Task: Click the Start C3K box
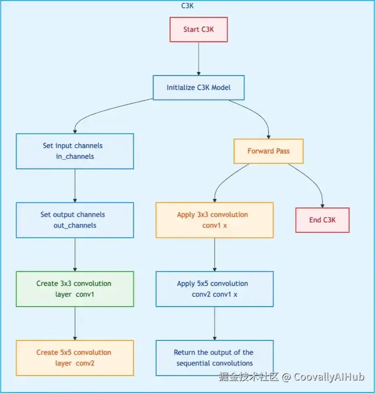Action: click(x=198, y=30)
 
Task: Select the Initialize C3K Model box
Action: click(x=198, y=87)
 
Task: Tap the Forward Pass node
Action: click(x=268, y=151)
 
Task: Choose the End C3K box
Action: click(x=322, y=220)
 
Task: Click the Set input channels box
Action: click(x=74, y=151)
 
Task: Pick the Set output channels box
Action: click(x=74, y=220)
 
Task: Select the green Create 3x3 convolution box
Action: click(x=74, y=288)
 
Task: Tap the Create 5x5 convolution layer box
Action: click(x=74, y=358)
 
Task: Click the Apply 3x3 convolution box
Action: click(x=215, y=220)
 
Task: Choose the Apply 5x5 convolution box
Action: click(x=215, y=288)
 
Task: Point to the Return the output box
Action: click(x=215, y=358)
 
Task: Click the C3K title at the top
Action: click(x=187, y=6)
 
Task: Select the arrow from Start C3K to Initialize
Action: click(x=198, y=58)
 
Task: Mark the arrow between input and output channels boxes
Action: click(x=75, y=185)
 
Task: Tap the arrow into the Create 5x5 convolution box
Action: click(x=75, y=323)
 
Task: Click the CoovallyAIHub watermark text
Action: click(x=329, y=377)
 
